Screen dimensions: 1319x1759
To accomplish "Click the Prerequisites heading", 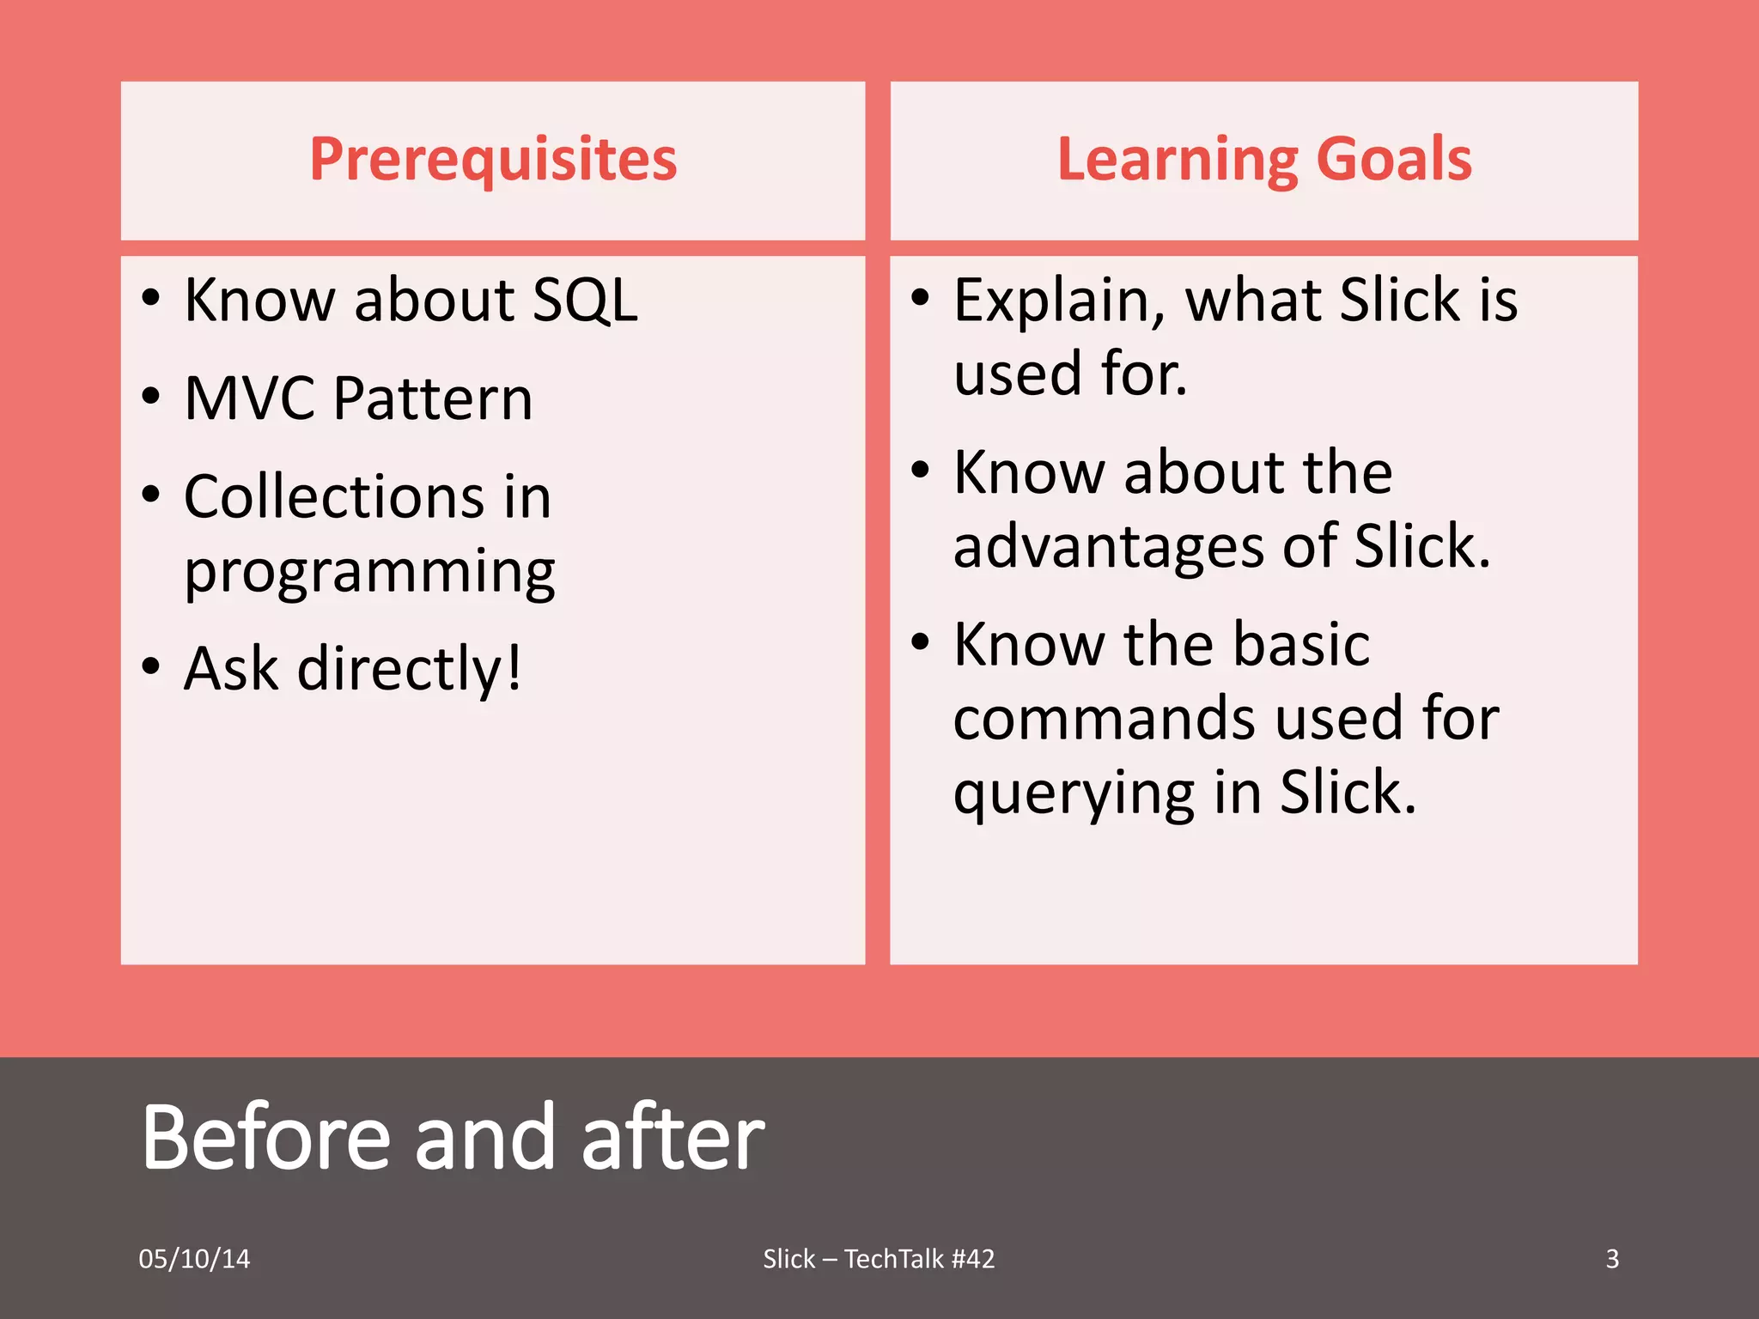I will pos(493,161).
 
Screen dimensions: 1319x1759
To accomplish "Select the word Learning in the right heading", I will pos(1177,161).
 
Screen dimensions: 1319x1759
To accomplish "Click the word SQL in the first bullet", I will pos(585,301).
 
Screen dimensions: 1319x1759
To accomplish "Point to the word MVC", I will pos(249,399).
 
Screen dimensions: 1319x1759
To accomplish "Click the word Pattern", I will pos(433,399).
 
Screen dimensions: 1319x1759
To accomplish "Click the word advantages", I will pos(1109,548).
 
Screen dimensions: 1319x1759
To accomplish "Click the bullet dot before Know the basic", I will pos(920,641).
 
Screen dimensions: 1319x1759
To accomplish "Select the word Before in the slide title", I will pos(266,1138).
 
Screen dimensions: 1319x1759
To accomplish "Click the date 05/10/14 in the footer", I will pos(194,1259).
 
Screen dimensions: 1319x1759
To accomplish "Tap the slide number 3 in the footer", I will pos(1612,1259).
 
